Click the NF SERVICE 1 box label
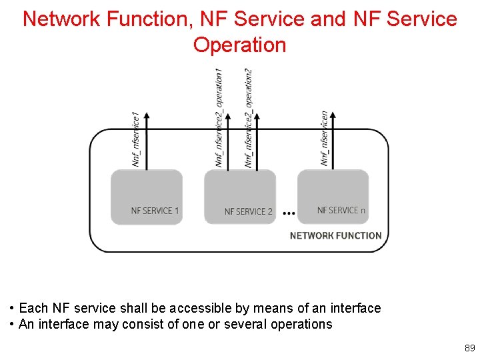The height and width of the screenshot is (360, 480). pos(155,211)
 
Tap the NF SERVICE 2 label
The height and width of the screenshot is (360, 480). pos(248,211)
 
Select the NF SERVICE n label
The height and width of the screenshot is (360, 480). pos(341,210)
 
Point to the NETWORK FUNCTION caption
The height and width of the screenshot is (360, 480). pos(335,235)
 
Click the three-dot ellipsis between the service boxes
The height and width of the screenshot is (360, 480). pos(289,213)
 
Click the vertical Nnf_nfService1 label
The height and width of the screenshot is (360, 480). pos(136,139)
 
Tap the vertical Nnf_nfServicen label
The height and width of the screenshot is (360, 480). pos(325,138)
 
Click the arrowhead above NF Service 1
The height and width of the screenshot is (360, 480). pos(147,114)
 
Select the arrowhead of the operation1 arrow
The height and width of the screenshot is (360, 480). pos(228,114)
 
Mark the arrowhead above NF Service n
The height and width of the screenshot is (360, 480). pos(333,114)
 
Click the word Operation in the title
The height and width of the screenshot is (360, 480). pos(239,45)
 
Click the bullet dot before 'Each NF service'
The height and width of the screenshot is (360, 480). pos(13,309)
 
